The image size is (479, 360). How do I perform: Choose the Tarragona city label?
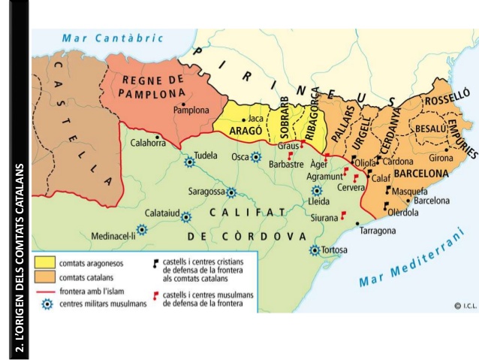378,231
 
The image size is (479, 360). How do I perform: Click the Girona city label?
441,159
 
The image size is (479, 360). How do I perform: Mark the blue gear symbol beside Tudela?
189,159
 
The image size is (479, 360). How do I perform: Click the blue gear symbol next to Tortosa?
315,250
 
